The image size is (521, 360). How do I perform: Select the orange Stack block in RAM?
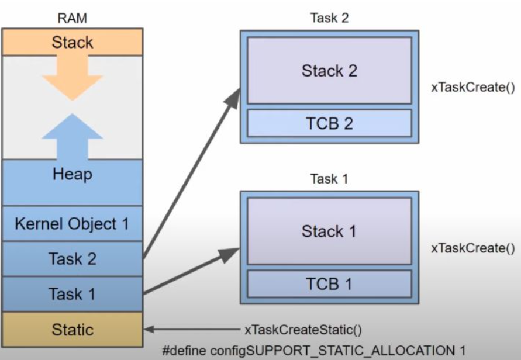[72, 42]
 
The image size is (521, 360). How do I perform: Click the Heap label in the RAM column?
[72, 174]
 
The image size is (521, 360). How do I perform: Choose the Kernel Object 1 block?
[72, 223]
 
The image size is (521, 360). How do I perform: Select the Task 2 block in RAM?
[72, 258]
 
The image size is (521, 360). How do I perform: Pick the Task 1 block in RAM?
[72, 293]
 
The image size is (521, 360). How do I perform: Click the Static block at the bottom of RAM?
[72, 329]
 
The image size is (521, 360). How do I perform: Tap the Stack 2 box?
[329, 71]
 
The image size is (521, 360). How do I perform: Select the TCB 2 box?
[329, 123]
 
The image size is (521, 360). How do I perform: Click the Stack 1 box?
[329, 231]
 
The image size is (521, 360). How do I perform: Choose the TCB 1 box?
[329, 284]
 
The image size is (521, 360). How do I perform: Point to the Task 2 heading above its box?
[329, 19]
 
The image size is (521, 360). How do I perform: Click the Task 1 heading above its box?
[329, 179]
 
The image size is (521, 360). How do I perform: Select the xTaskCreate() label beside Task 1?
[472, 248]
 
